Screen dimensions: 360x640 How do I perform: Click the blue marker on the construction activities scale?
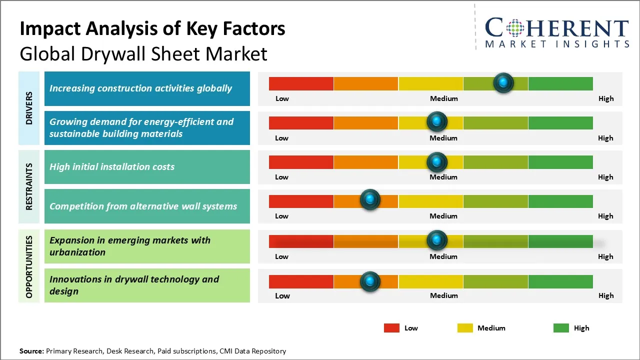click(503, 82)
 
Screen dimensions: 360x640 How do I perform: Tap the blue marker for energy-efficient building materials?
click(437, 121)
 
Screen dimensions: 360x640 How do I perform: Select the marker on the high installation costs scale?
click(437, 161)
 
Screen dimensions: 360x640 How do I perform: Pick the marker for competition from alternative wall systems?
click(370, 200)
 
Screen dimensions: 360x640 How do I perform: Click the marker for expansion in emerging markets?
click(437, 240)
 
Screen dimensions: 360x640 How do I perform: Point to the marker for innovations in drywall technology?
click(370, 281)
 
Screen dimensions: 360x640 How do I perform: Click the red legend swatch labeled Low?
click(391, 328)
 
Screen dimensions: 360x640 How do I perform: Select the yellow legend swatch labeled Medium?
click(465, 328)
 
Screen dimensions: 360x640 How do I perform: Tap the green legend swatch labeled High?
click(561, 328)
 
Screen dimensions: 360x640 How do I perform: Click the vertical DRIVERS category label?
click(29, 108)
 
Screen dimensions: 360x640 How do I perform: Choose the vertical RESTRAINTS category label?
click(29, 186)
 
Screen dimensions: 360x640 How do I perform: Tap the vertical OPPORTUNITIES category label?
click(29, 266)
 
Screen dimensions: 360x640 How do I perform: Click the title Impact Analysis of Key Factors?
click(152, 29)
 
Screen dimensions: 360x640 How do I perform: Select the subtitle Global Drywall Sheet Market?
click(143, 54)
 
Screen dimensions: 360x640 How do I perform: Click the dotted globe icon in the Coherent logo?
click(514, 28)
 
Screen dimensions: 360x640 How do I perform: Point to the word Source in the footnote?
click(31, 351)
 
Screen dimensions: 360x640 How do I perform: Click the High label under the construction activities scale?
click(605, 98)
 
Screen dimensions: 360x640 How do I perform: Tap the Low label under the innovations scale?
click(282, 295)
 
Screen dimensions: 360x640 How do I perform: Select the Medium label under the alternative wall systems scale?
click(443, 216)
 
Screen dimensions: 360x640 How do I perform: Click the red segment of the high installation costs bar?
click(301, 162)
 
